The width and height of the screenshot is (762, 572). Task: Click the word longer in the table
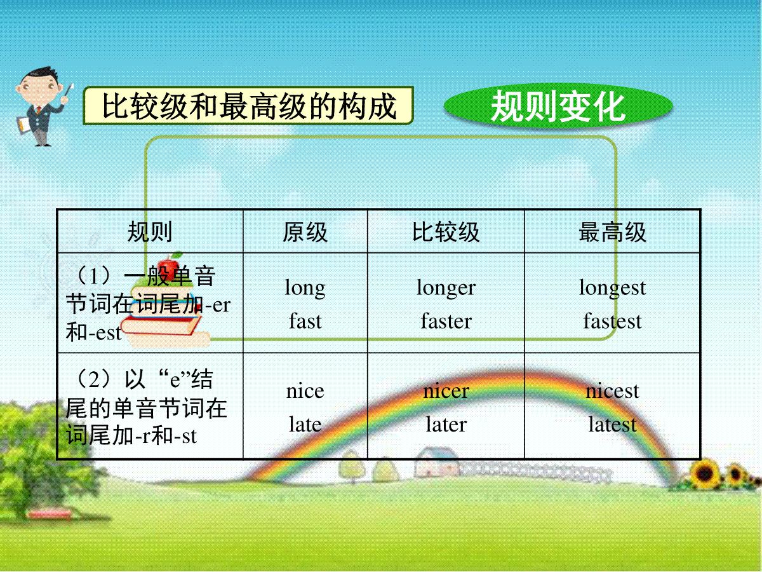[x=446, y=289]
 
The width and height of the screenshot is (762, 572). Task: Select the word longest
[x=612, y=289]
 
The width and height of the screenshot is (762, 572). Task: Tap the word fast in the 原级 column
[x=305, y=320]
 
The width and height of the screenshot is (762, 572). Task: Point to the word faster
[x=446, y=320]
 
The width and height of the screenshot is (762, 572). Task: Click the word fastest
[x=612, y=320]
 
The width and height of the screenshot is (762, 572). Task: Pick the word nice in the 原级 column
[x=305, y=392]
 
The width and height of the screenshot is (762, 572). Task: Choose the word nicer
[x=446, y=392]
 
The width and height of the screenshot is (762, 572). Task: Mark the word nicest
[x=612, y=392]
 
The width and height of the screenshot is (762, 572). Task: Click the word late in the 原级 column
[x=305, y=424]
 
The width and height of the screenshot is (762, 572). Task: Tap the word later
[x=446, y=424]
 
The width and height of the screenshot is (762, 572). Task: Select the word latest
[x=612, y=424]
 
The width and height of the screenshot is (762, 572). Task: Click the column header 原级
[x=305, y=231]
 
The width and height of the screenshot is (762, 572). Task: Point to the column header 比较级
[x=446, y=231]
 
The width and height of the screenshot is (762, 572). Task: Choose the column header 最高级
[x=612, y=231]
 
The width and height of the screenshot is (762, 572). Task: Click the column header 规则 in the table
[x=150, y=231]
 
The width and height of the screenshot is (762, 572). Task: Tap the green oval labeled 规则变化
[x=558, y=106]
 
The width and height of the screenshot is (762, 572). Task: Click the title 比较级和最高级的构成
[x=248, y=106]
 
